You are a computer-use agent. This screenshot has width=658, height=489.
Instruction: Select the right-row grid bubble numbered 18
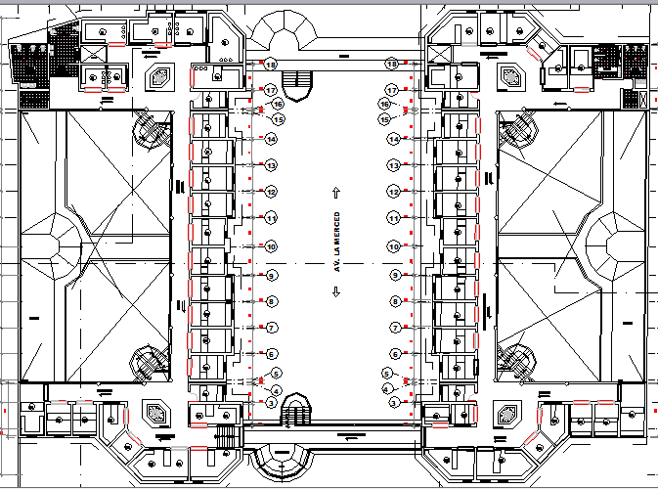coord(391,65)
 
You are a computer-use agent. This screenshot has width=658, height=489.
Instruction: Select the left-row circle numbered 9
coord(272,277)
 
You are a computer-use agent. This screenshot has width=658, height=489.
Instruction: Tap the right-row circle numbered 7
coord(395,328)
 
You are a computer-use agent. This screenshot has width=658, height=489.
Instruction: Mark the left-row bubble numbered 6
coord(272,354)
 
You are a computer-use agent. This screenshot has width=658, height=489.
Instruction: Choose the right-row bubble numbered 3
coord(394,402)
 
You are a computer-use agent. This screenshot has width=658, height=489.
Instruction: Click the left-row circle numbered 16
coord(278,104)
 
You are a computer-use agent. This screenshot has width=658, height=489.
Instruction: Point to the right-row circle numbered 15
coord(385,118)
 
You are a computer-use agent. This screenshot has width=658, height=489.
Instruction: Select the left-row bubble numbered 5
coord(277,374)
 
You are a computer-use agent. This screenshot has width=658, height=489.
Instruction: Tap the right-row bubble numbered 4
coord(387,389)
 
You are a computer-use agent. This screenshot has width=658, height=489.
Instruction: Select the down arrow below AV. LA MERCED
coord(335,296)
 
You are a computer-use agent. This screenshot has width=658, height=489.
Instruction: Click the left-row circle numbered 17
coord(271,90)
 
